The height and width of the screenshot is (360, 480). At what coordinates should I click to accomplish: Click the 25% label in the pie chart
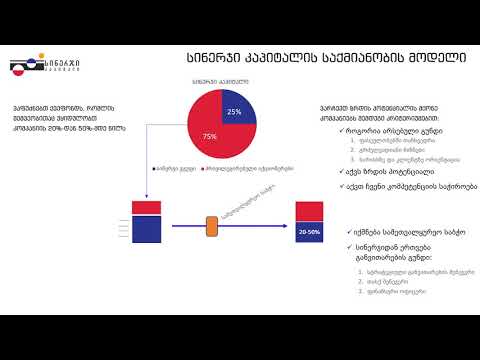[234, 111]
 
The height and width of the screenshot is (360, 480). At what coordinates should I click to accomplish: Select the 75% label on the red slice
[211, 135]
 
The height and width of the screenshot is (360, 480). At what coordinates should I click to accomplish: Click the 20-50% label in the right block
[309, 230]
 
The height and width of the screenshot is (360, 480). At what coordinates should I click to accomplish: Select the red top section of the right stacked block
[308, 210]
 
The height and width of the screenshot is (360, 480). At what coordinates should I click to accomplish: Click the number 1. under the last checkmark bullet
[361, 271]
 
